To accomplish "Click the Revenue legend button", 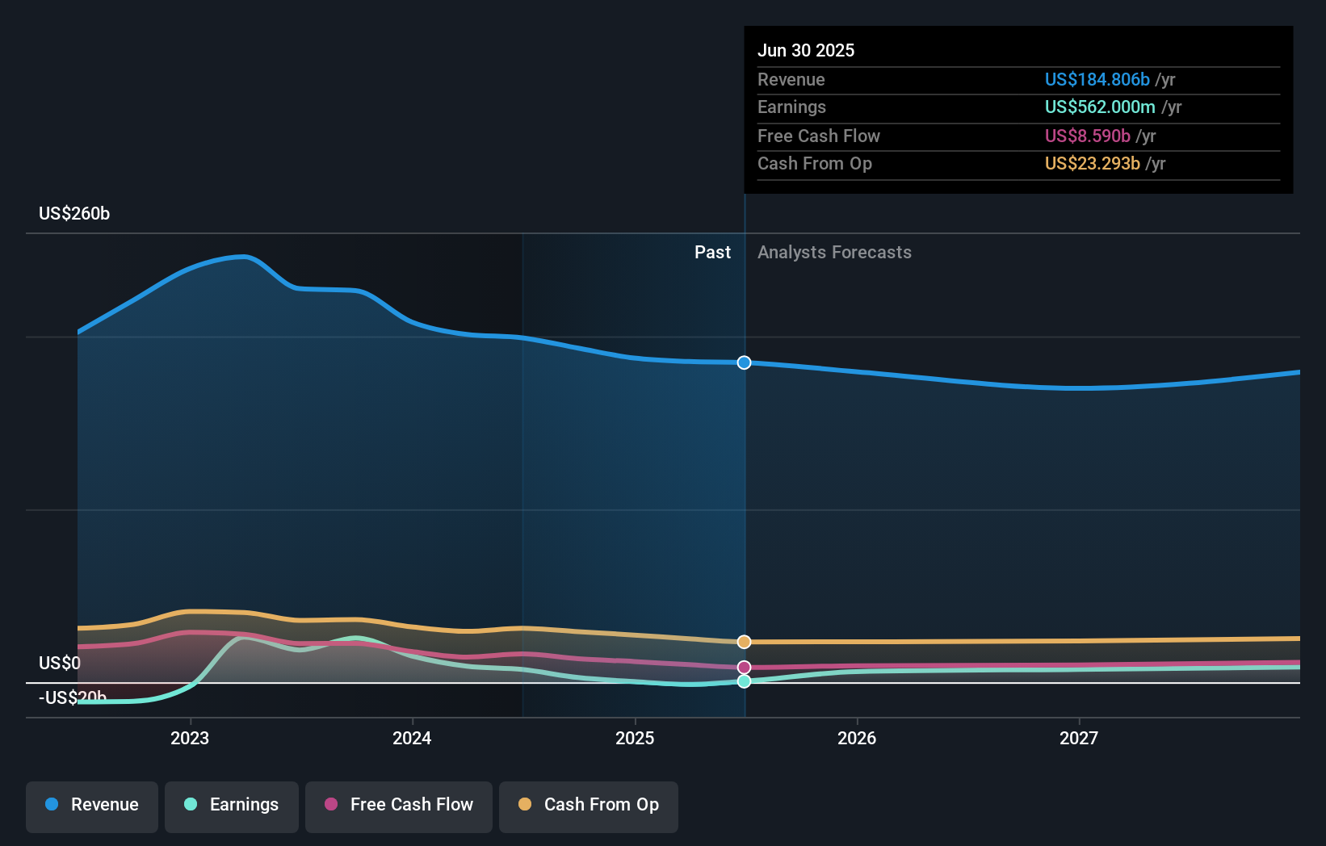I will (92, 805).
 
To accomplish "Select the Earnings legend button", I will (232, 805).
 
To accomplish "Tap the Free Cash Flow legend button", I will (399, 805).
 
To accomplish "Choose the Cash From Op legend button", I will (589, 805).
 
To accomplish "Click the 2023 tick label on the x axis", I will (190, 738).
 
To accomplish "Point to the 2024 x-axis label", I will (412, 738).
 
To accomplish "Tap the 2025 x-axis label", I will (635, 738).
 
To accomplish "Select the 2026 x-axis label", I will (857, 738).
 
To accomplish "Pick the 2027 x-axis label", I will (1079, 738).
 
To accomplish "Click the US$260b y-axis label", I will (74, 214).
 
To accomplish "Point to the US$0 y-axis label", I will (60, 664).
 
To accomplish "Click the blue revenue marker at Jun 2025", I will (745, 362).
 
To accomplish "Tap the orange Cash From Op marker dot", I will (745, 642).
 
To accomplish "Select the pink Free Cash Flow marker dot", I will (745, 668).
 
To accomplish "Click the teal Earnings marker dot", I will (745, 681).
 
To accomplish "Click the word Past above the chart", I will (712, 253).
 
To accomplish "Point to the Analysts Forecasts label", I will (834, 253).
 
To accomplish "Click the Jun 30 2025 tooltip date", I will (806, 51).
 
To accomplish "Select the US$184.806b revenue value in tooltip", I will (1097, 80).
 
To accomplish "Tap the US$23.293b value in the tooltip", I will (1092, 164).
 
